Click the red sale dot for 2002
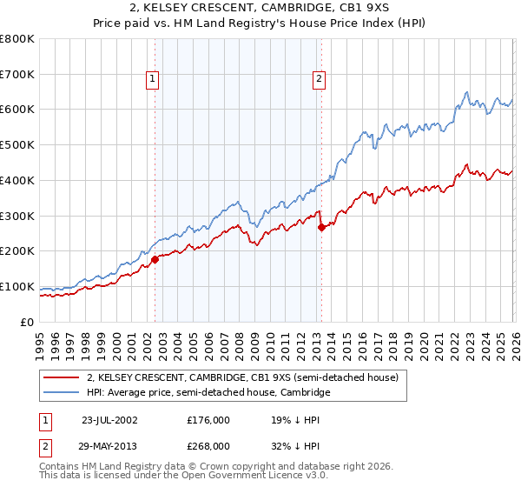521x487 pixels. (x=155, y=259)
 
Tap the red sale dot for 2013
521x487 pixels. (x=321, y=227)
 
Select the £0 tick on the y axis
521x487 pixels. (x=28, y=322)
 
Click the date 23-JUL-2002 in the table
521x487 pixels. (x=110, y=419)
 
